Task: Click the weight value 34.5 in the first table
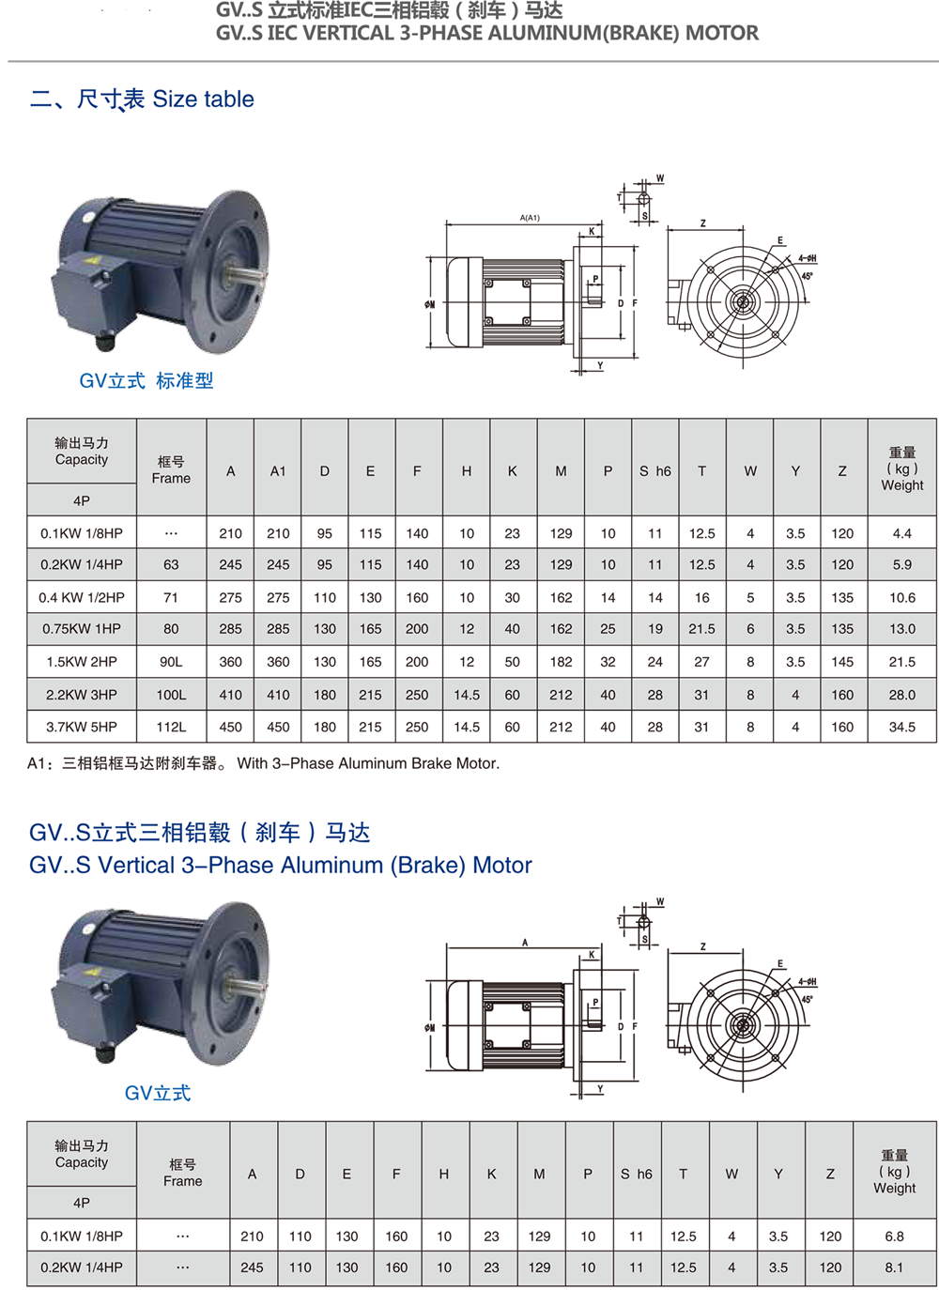[x=901, y=727]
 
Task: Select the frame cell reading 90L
[x=171, y=662]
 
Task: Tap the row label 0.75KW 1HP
[x=82, y=629]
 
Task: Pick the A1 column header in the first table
[x=278, y=471]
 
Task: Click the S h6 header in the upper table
[x=655, y=471]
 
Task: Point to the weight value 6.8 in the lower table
[x=894, y=1236]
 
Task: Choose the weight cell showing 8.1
[x=894, y=1267]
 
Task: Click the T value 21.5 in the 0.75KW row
[x=701, y=629]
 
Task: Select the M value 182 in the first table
[x=561, y=662]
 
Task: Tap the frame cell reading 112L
[x=171, y=727]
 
